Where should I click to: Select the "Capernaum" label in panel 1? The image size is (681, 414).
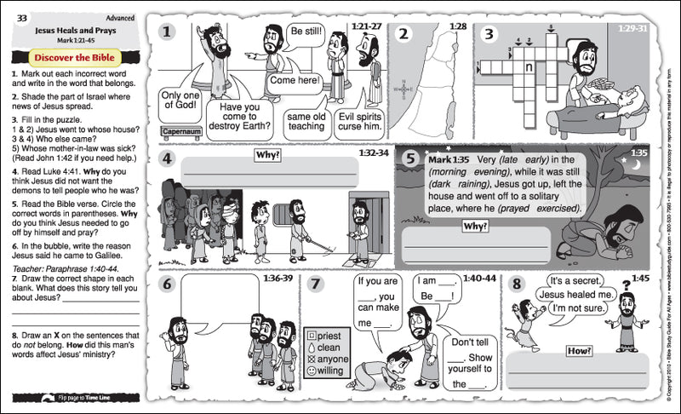pos(180,131)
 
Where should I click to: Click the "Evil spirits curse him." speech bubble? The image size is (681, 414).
pos(358,120)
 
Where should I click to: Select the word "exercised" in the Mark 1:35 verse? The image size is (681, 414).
pos(553,208)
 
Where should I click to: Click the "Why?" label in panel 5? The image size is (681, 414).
pos(473,226)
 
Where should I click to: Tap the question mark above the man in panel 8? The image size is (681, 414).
pos(627,285)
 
